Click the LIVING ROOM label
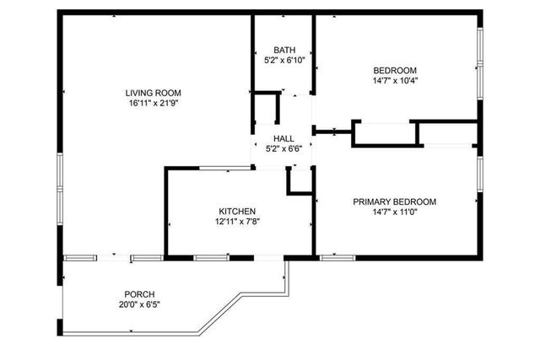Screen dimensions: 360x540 click(x=153, y=93)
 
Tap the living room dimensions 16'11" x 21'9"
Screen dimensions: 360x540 click(x=153, y=103)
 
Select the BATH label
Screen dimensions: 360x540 click(x=283, y=50)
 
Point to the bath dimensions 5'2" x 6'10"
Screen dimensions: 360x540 click(x=283, y=60)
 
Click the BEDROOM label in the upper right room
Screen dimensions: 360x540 click(x=395, y=70)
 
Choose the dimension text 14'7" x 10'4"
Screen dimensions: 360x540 click(x=395, y=80)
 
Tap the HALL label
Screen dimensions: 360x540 click(x=283, y=138)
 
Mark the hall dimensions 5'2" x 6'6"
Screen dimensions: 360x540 click(x=283, y=148)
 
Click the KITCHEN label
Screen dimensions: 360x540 click(x=237, y=211)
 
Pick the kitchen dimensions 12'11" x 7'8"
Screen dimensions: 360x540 click(x=237, y=222)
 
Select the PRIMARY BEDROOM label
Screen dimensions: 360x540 click(x=394, y=201)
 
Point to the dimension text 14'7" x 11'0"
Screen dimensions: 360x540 click(x=394, y=212)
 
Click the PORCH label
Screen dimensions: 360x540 click(x=139, y=293)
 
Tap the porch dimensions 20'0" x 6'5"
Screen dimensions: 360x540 click(x=139, y=304)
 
